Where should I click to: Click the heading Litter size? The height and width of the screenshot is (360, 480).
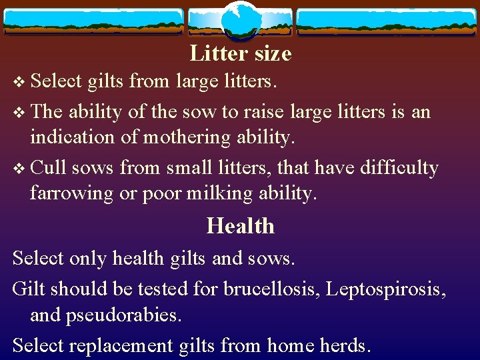coord(240,53)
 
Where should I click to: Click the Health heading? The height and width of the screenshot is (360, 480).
coord(240,226)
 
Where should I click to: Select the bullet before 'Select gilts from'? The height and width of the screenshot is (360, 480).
coord(18,83)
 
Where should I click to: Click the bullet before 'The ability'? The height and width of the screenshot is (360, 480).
coord(18,112)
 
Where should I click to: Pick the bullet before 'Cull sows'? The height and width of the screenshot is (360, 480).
coord(18,168)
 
